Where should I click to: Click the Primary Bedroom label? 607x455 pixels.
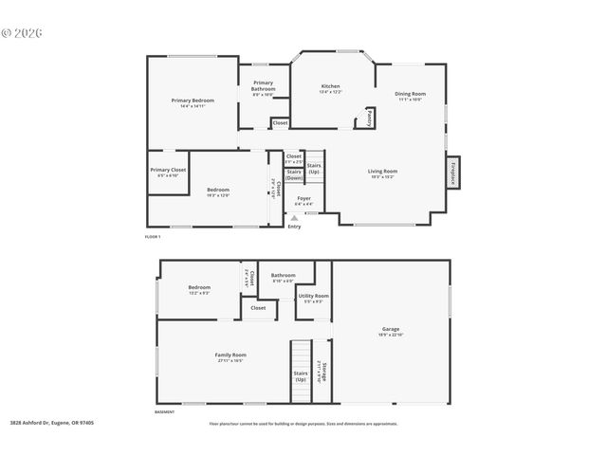click(193, 100)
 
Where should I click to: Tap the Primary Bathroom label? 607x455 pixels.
click(263, 85)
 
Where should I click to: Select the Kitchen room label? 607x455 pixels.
click(330, 86)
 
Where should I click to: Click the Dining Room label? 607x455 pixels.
click(410, 94)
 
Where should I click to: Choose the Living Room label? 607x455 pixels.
click(382, 172)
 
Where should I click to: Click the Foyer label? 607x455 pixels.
click(303, 199)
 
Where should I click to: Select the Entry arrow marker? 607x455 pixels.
click(294, 218)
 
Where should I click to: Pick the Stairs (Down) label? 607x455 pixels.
click(294, 174)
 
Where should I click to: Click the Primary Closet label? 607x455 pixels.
click(168, 171)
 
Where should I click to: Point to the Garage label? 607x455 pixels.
click(391, 330)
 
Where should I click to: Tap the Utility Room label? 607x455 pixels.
click(314, 297)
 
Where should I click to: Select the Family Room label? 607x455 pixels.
click(230, 355)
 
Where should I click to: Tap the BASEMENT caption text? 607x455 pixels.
click(164, 412)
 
